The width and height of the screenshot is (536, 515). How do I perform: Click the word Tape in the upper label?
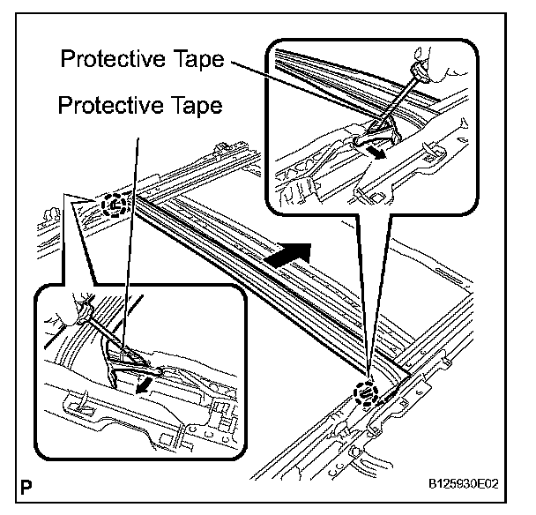coord(191,60)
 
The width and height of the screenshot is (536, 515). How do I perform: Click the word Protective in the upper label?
coord(112,60)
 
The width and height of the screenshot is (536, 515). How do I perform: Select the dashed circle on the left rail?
coord(115,205)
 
